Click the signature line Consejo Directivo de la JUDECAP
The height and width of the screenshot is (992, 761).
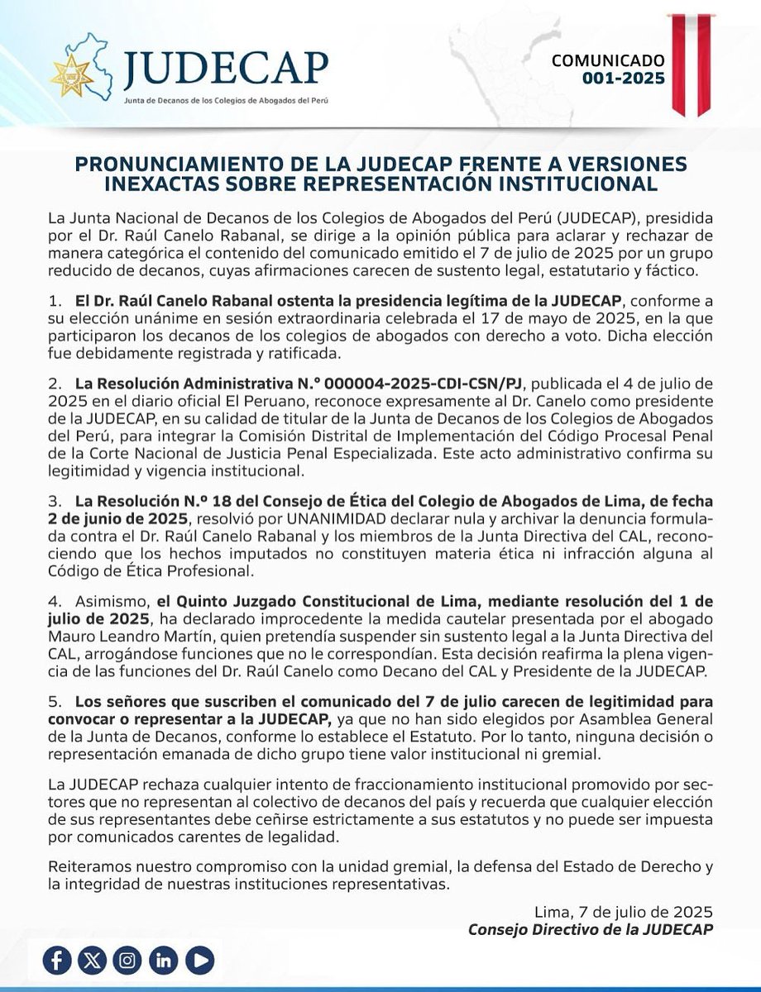point(591,928)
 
